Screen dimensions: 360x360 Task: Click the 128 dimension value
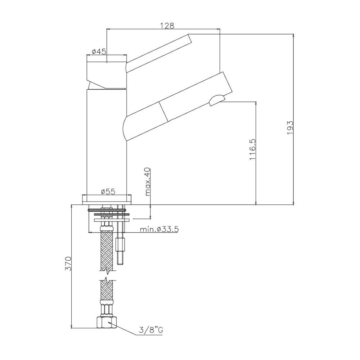coord(167,25)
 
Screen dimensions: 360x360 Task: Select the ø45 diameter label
coord(99,51)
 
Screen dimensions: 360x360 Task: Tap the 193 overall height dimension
coord(290,128)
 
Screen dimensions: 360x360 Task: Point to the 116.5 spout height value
coord(252,149)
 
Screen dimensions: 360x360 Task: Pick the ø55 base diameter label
coord(108,192)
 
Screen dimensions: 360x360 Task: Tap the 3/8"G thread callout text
coord(151,330)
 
